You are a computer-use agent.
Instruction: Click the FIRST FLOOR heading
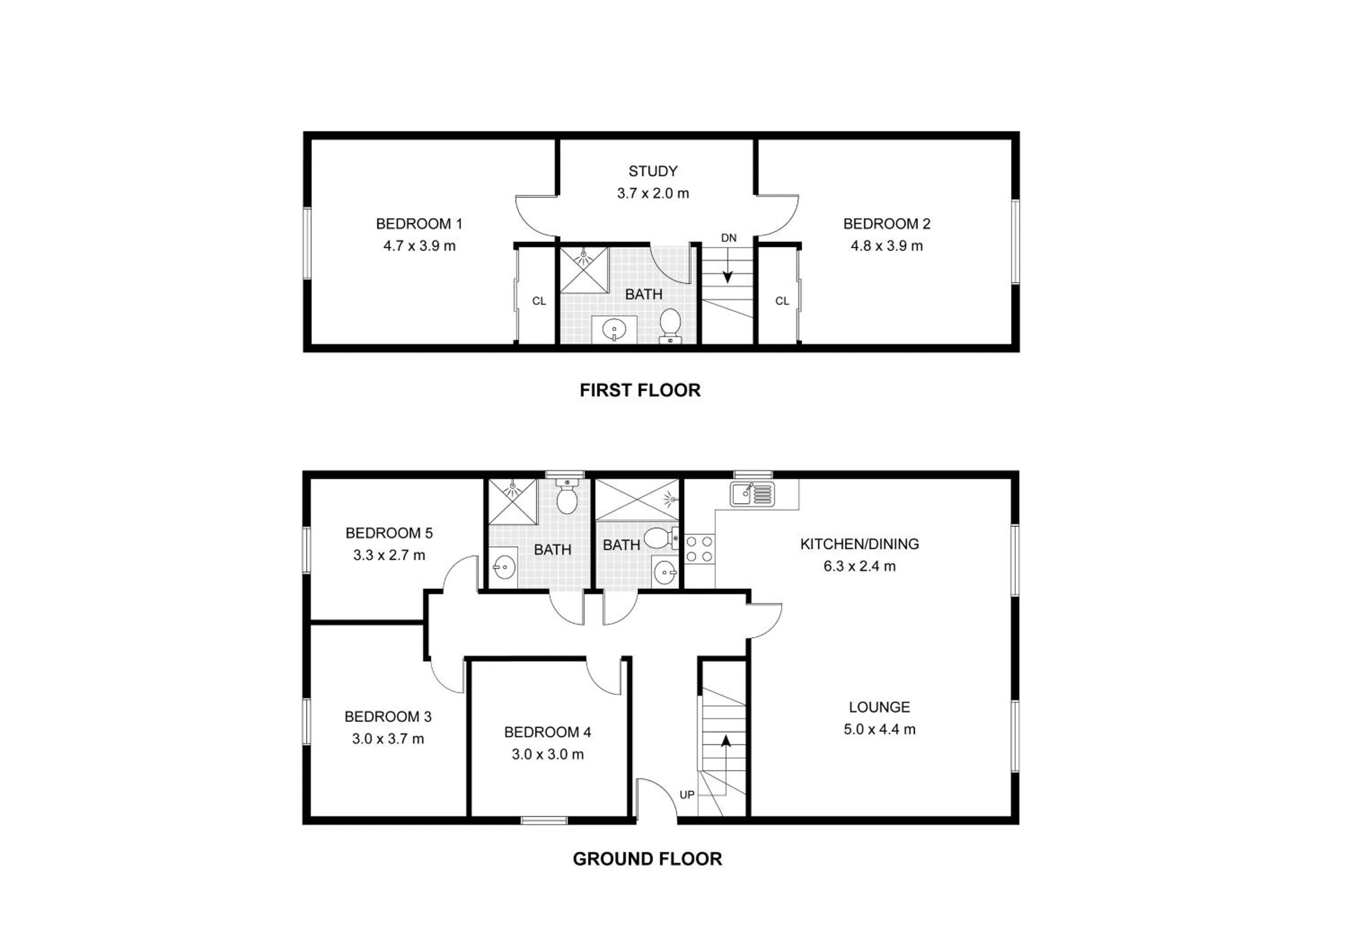640,391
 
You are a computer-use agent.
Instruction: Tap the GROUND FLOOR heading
647,859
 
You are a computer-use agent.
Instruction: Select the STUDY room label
653,171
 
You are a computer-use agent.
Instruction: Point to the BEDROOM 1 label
419,224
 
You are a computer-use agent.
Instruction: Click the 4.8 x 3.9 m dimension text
886,246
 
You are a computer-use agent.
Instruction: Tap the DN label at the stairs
729,238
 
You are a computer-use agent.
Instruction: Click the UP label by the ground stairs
687,795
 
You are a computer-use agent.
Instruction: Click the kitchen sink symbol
752,494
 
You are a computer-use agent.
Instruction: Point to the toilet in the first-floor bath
669,326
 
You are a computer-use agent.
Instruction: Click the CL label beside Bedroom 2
782,301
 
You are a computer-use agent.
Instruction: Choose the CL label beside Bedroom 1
539,301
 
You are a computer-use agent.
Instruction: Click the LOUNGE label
880,707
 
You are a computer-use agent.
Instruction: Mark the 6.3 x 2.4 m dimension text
859,567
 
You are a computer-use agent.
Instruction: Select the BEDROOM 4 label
547,732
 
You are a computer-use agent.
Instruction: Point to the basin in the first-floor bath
614,329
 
